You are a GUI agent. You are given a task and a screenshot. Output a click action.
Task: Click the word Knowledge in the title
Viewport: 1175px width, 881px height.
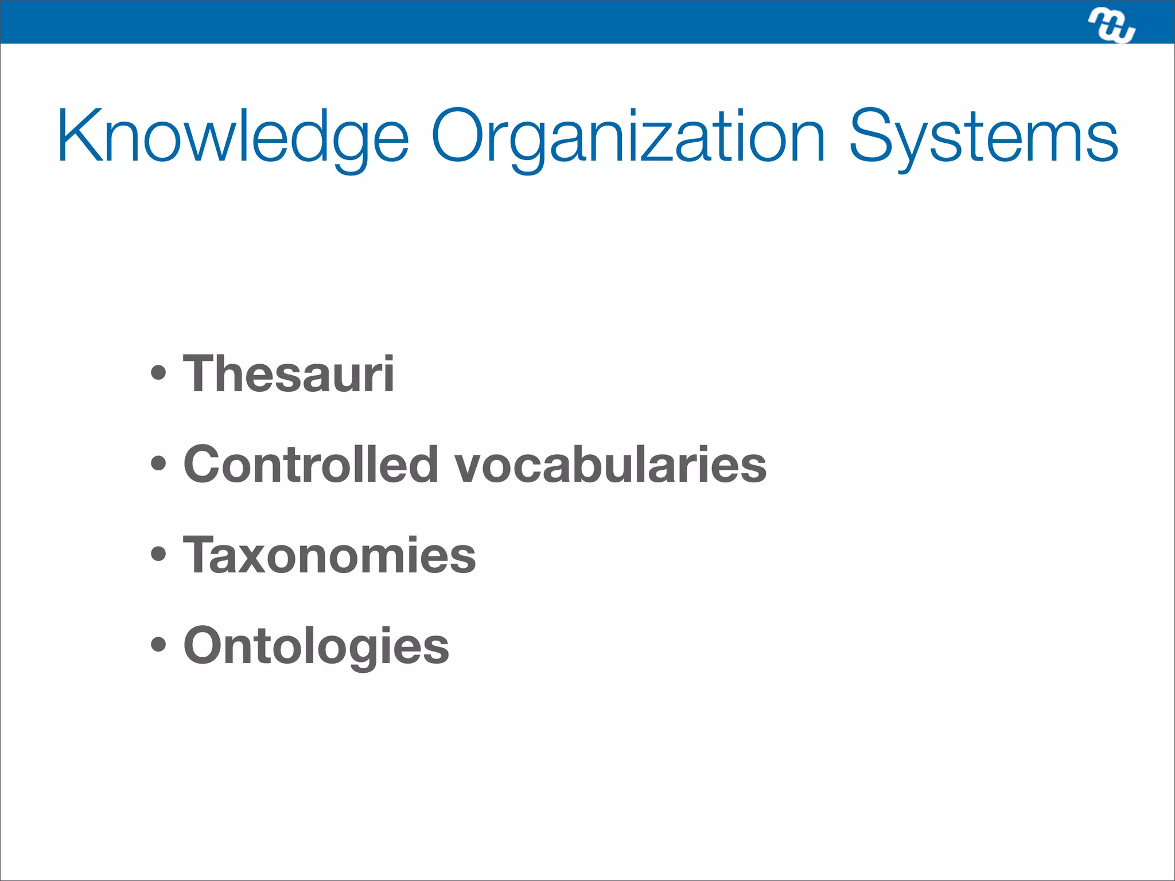coord(232,138)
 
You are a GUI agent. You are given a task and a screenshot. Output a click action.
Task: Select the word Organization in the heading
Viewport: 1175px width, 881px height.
coord(628,138)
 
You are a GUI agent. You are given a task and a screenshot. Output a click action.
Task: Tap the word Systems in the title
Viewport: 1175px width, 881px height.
coord(983,138)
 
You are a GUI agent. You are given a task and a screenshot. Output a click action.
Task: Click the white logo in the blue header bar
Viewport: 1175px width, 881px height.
coord(1111,26)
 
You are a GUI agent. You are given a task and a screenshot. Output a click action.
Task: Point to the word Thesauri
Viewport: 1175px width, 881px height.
coord(288,374)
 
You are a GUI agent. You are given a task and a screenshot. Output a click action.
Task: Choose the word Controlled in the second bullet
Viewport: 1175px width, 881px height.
coord(310,464)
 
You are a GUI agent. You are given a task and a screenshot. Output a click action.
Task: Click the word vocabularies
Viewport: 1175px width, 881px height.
coord(610,464)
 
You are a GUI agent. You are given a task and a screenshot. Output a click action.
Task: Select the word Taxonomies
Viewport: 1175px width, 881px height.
coord(329,555)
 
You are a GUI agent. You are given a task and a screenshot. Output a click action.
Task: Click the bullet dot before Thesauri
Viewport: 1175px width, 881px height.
coord(158,374)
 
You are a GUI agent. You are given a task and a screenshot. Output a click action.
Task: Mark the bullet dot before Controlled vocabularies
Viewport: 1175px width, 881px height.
coord(158,463)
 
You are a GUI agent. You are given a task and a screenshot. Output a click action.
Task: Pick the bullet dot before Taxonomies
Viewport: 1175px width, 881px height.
coord(158,554)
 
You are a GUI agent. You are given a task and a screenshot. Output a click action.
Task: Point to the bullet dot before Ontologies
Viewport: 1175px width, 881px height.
coord(158,645)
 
